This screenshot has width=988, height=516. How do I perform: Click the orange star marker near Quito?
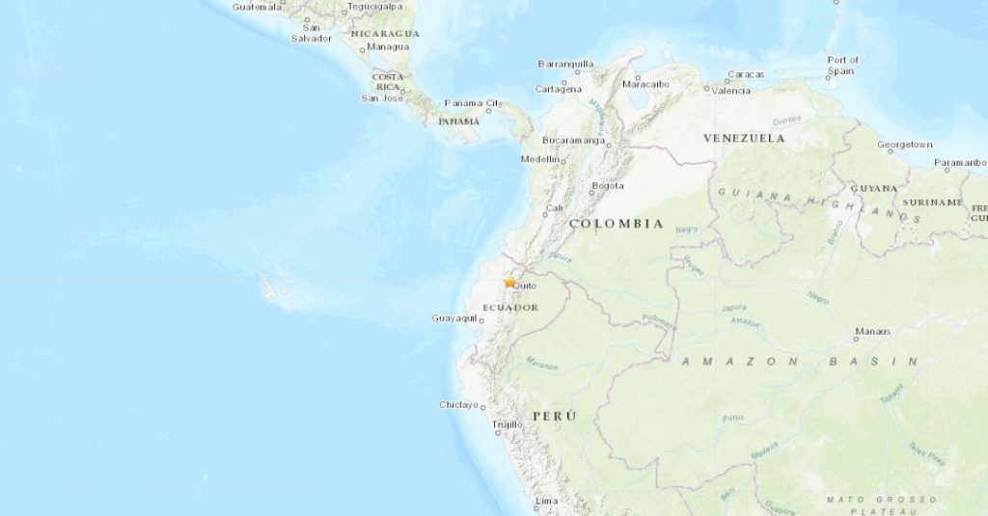tap(509, 283)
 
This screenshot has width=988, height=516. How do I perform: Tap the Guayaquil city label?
tap(453, 318)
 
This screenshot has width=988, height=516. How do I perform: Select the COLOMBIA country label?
tap(616, 224)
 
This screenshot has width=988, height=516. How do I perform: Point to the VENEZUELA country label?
tap(743, 138)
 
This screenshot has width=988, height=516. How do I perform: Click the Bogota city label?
tap(608, 186)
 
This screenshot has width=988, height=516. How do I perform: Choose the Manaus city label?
tap(872, 332)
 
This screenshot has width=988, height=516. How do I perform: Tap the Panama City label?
tap(474, 103)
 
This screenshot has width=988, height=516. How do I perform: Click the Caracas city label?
tap(746, 74)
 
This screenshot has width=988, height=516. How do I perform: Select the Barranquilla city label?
tap(565, 65)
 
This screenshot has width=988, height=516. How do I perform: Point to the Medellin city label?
tap(540, 159)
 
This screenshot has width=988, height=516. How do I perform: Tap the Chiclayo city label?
tap(459, 405)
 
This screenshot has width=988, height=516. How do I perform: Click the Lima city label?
tap(546, 502)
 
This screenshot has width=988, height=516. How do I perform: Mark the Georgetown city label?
tap(904, 145)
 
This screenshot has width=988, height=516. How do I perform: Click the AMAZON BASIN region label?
tap(800, 362)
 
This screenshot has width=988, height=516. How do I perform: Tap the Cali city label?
tap(554, 208)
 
